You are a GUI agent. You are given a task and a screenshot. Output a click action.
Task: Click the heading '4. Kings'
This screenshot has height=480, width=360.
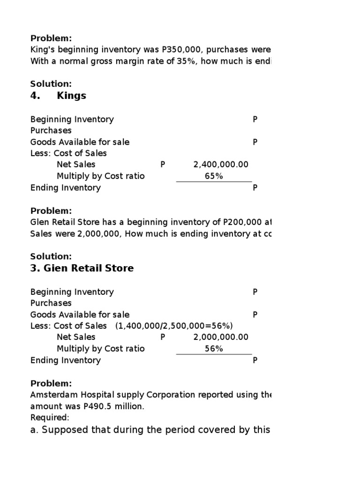point(58,96)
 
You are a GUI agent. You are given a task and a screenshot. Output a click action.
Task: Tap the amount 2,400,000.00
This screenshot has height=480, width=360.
point(220,165)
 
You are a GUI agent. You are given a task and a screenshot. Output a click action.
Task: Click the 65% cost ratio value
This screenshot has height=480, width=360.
point(214,176)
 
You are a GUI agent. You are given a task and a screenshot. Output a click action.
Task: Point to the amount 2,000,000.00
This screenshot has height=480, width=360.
point(220,337)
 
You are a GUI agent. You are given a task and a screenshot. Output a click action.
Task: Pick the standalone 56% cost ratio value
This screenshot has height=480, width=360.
point(214,349)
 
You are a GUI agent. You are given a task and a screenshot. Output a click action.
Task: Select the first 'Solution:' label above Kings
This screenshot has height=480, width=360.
point(51,84)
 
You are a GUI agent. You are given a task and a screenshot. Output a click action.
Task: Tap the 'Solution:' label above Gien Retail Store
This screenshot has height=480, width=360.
point(51,256)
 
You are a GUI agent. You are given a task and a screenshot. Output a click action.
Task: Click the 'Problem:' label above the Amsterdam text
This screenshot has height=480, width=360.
point(51,383)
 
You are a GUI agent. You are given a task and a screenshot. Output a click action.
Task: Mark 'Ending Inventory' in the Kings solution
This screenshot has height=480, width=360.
point(65,188)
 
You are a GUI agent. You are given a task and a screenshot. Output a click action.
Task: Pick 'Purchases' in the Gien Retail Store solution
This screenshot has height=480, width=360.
point(51,303)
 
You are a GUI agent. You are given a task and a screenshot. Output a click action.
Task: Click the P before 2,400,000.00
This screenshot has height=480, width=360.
point(163,165)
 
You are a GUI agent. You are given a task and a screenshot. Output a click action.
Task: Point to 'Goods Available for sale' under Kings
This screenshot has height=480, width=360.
point(80,142)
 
